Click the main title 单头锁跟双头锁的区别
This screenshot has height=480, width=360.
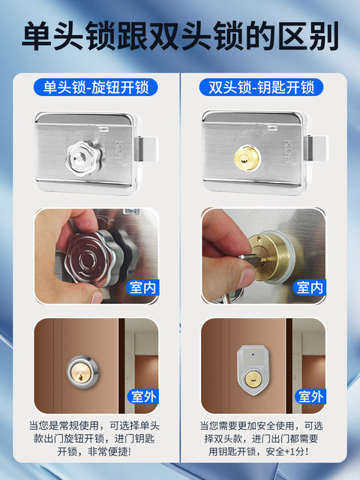coord(180,36)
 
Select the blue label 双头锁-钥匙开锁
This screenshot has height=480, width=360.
coord(262,87)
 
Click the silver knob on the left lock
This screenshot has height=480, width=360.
coord(81,155)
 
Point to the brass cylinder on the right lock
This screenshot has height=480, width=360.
coord(246,155)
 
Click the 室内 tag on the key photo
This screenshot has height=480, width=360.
coord(308,286)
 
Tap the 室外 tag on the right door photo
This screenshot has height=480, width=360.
coord(308,397)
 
